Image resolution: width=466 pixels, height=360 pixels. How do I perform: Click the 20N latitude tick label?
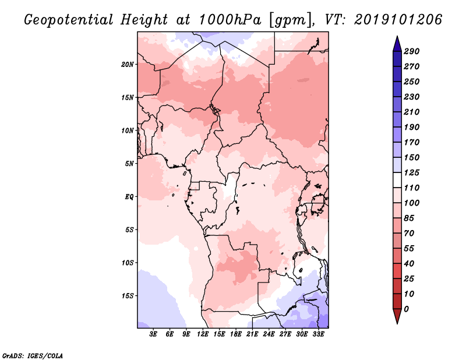(128, 65)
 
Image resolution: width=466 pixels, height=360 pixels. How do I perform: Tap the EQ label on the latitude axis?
(129, 197)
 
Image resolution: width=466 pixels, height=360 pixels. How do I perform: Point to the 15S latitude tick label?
(128, 296)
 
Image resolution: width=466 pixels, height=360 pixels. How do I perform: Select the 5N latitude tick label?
(129, 164)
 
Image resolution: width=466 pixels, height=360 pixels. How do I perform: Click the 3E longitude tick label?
(153, 334)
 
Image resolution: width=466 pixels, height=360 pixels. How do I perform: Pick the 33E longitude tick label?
(318, 334)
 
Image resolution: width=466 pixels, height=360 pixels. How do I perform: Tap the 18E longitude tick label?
(236, 334)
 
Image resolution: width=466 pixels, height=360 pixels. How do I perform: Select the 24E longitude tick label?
(269, 334)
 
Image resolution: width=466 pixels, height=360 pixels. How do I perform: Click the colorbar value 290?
(412, 51)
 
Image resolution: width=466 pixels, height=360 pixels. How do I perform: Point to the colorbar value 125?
(412, 172)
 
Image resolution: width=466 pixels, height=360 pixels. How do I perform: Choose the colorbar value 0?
(406, 309)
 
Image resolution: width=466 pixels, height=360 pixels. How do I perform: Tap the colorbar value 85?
(409, 218)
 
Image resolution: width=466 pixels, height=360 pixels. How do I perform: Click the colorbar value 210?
(412, 112)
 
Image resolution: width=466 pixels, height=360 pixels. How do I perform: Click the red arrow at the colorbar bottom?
(397, 316)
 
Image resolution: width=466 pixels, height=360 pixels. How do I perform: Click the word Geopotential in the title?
(69, 20)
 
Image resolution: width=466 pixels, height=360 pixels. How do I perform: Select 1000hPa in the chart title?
(230, 20)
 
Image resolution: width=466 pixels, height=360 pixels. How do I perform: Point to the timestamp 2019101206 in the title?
(398, 20)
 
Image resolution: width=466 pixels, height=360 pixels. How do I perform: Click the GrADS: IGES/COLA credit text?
(33, 356)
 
